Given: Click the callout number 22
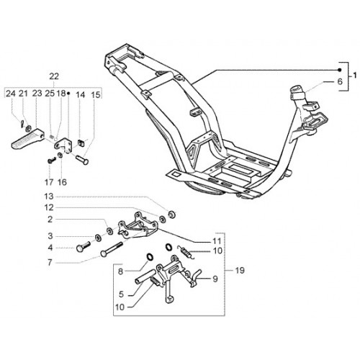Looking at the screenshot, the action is [x=54, y=76].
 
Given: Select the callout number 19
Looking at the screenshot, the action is [x=240, y=271].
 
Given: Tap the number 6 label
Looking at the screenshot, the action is [x=340, y=81].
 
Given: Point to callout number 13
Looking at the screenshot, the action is [x=48, y=197].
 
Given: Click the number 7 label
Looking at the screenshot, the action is [x=50, y=263].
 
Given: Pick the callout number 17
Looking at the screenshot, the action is [x=49, y=182].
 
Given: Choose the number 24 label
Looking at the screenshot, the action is [x=11, y=94].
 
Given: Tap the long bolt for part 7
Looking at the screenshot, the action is [x=112, y=250].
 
